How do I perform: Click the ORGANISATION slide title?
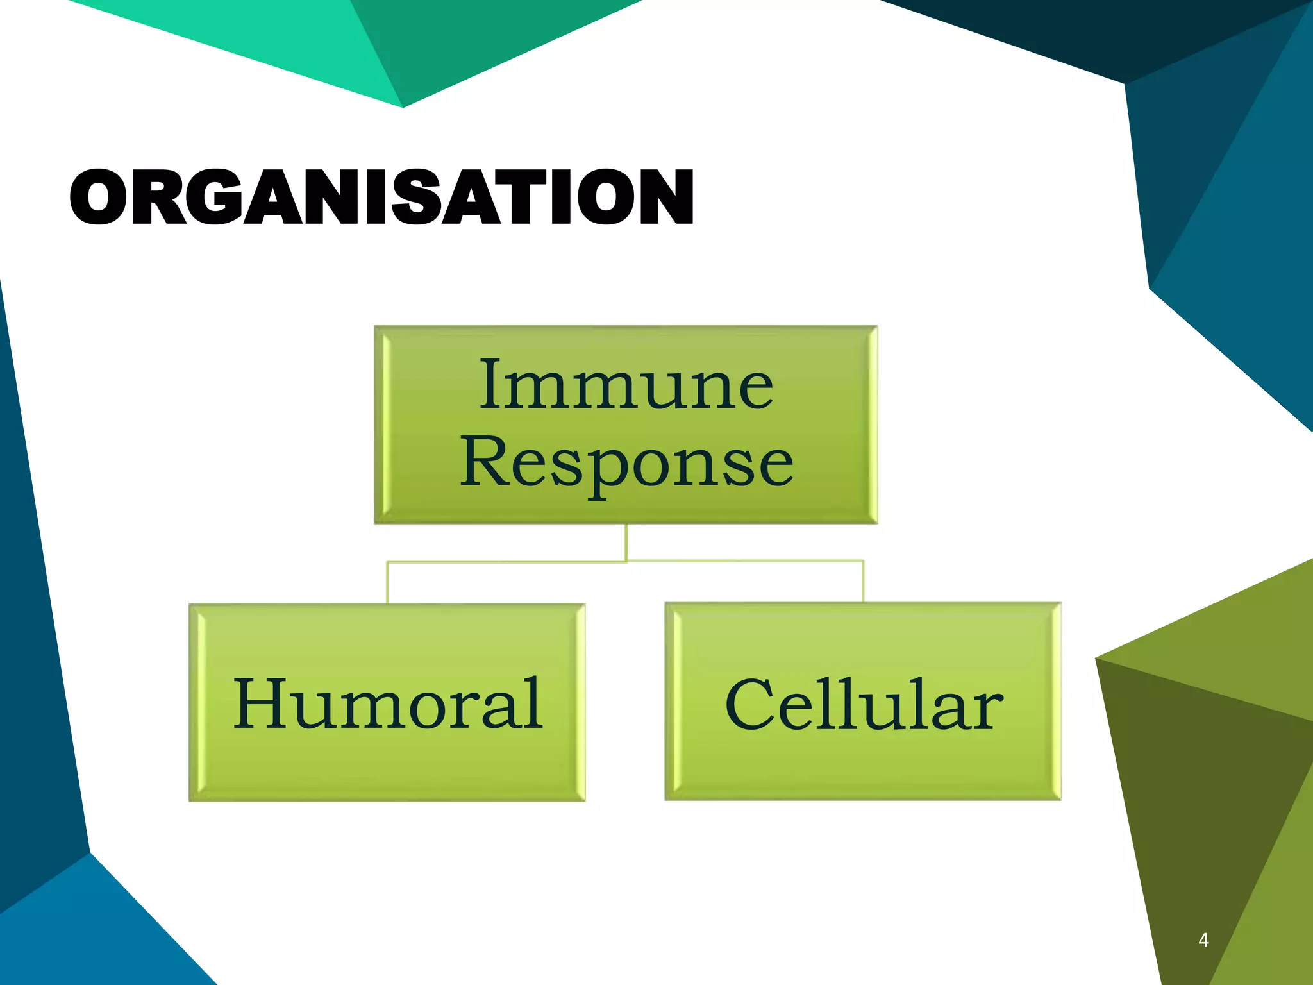[x=381, y=197]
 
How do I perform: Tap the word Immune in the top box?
[x=626, y=385]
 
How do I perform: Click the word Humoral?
[x=388, y=703]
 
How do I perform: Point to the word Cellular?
[x=864, y=703]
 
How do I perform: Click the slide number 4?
[x=1203, y=940]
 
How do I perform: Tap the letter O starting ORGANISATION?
[x=97, y=197]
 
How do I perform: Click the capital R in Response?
[x=484, y=460]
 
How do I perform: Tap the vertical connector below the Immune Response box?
[x=626, y=543]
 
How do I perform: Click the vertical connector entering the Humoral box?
[x=387, y=583]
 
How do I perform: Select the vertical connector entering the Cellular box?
[x=864, y=582]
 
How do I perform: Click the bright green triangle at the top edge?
[x=256, y=38]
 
